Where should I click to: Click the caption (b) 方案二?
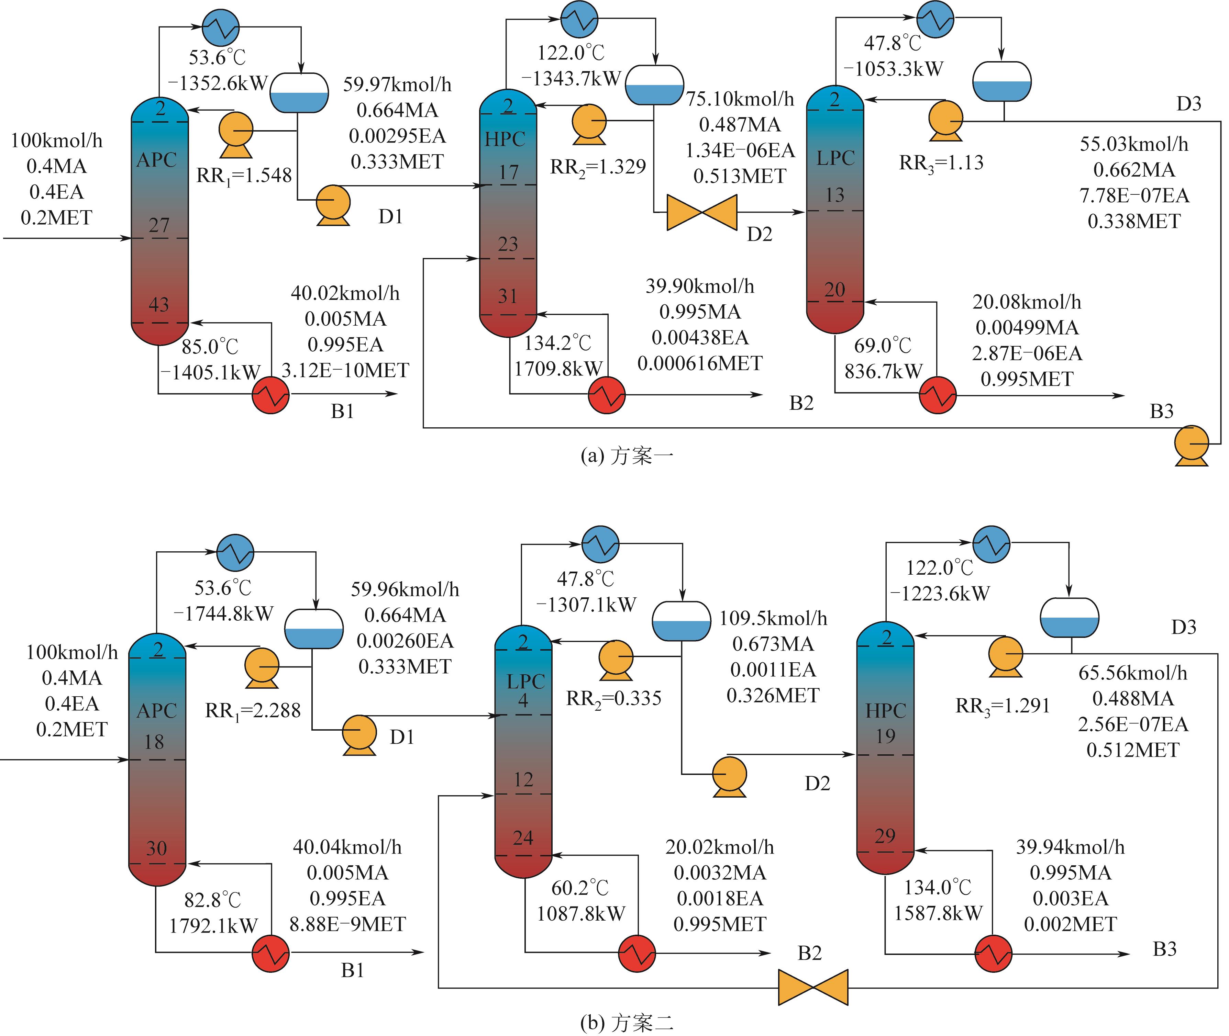pyautogui.click(x=626, y=1023)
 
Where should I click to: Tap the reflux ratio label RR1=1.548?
pyautogui.click(x=244, y=175)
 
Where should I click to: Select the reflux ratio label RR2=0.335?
pyautogui.click(x=613, y=698)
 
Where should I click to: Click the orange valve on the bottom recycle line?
pyautogui.click(x=813, y=987)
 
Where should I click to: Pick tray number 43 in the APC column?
pyautogui.click(x=159, y=304)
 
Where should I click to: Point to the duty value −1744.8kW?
pyautogui.click(x=223, y=614)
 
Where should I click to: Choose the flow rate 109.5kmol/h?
pyautogui.click(x=773, y=618)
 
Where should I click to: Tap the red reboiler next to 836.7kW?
pyautogui.click(x=938, y=395)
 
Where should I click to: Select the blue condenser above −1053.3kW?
pyautogui.click(x=935, y=19)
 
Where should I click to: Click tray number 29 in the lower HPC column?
pyautogui.click(x=885, y=836)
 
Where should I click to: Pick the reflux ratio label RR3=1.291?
pyautogui.click(x=1002, y=705)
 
